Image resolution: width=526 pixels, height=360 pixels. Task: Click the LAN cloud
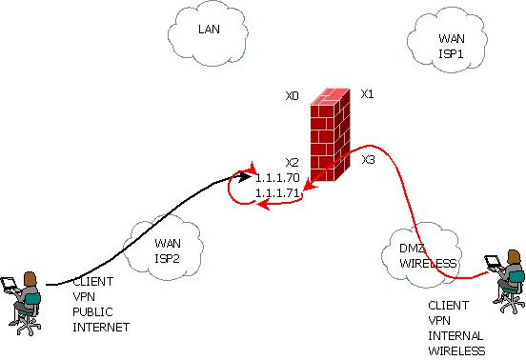point(209,31)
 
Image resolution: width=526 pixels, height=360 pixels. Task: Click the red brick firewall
point(331,132)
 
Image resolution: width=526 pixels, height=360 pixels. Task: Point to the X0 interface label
point(292,96)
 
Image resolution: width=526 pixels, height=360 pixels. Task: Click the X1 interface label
point(367,94)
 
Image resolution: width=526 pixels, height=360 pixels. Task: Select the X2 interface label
point(292,163)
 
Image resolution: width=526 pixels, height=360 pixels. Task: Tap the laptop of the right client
point(493,263)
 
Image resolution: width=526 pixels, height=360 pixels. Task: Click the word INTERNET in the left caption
point(101,327)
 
